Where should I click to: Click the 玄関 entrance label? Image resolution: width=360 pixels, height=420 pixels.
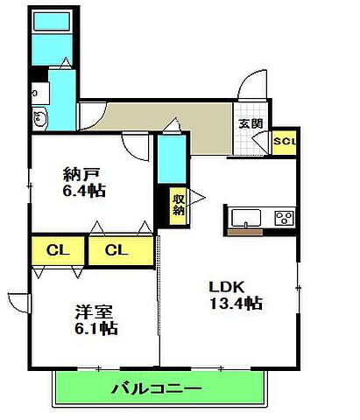point(250,123)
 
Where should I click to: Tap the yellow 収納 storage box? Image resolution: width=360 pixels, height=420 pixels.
point(179,205)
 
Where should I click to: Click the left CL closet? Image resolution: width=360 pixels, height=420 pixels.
point(58,251)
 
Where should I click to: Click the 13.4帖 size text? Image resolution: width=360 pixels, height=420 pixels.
point(236,304)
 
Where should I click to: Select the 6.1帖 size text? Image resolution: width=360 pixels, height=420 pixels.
point(95,330)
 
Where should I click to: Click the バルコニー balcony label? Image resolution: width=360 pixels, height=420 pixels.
point(157,388)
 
